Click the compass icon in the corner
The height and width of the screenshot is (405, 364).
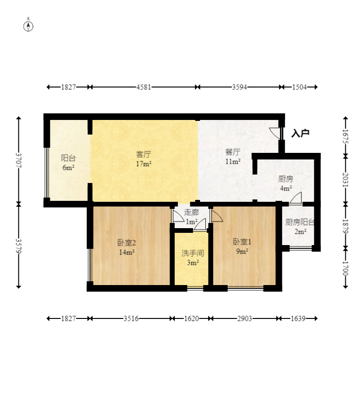28,26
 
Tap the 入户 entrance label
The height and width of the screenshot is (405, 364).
300,133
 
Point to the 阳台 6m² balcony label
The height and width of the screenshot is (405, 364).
68,162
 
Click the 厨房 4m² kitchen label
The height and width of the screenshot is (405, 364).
286,183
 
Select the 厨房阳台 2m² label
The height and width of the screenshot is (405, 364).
300,227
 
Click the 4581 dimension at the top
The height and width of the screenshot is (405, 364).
143,87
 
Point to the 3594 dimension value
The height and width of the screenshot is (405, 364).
239,87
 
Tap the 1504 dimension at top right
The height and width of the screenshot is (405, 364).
299,87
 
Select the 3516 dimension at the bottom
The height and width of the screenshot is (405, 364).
131,318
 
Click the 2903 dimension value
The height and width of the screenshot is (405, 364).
244,318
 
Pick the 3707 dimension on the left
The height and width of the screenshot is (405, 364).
19,160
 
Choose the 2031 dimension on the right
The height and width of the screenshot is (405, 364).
345,180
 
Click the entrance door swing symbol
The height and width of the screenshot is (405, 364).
276,133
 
